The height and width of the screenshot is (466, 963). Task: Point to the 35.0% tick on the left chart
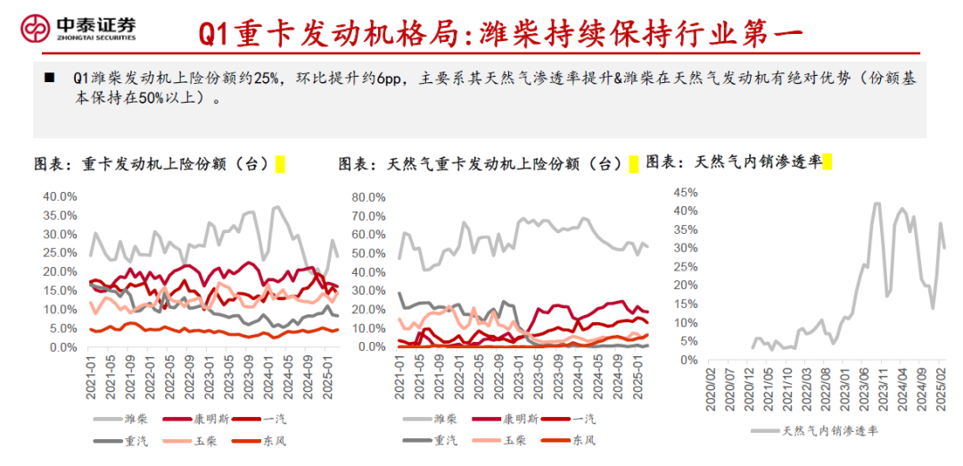pos(62,215)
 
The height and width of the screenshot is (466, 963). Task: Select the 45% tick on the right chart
pos(686,192)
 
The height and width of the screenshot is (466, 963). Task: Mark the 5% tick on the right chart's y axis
pos(689,342)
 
